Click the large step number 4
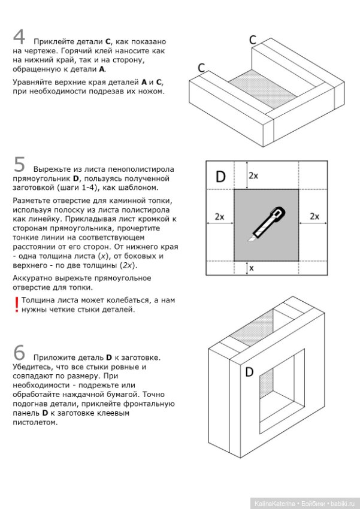click(19, 37)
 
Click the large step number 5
click(19, 164)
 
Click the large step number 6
click(19, 353)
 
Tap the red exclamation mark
click(16, 305)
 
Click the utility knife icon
click(267, 224)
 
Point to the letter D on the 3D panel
click(249, 372)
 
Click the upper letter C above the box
click(253, 40)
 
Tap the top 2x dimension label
click(253, 175)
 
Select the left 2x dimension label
click(219, 217)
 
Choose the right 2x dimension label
click(314, 217)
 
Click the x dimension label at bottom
click(251, 268)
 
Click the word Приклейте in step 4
click(51, 42)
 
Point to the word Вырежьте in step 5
click(52, 169)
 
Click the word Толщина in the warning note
click(37, 300)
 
